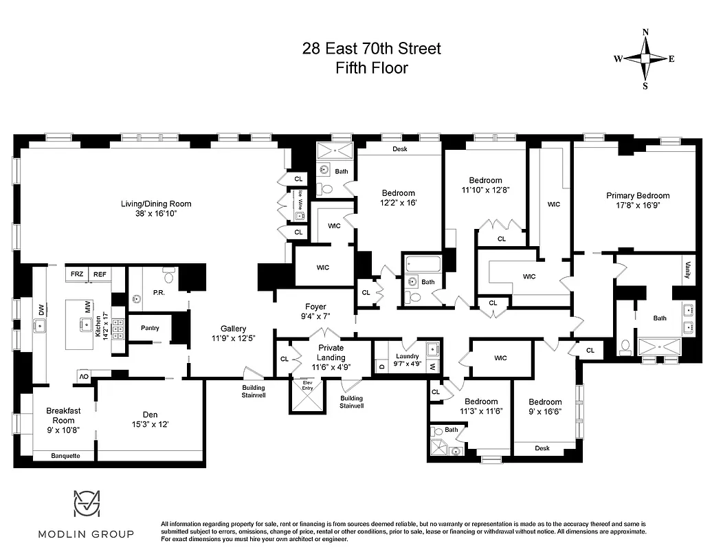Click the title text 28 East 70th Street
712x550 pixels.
(x=372, y=49)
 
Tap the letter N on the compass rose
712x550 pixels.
(x=645, y=32)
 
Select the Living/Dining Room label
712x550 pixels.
(x=156, y=203)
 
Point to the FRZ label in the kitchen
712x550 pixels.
(x=77, y=274)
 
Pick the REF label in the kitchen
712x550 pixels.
(x=100, y=274)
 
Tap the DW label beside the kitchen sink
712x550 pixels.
(x=41, y=311)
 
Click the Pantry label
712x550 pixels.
(x=150, y=328)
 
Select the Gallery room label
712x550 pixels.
(x=233, y=329)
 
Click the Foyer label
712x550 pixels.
(x=316, y=307)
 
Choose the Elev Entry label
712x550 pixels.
(x=307, y=386)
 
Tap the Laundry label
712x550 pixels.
(x=408, y=356)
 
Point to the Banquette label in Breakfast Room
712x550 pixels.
(x=66, y=455)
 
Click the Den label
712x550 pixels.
(x=150, y=414)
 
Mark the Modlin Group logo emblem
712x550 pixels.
(x=87, y=505)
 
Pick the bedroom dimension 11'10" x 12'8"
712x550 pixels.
(x=485, y=190)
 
